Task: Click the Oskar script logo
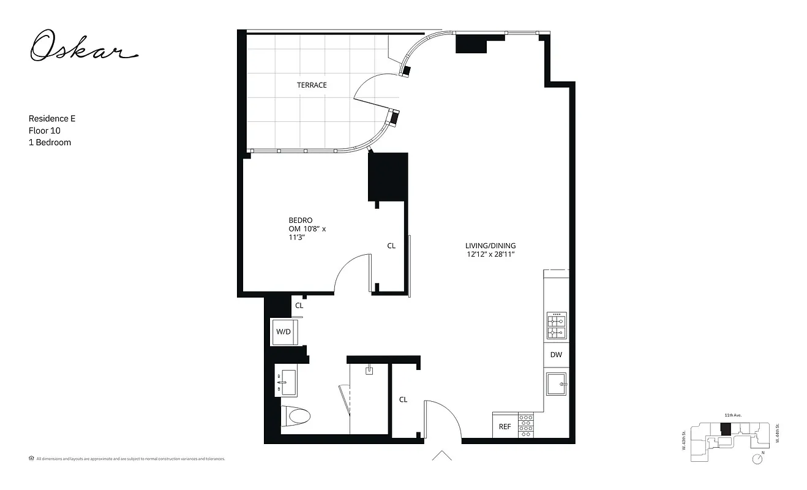pyautogui.click(x=84, y=48)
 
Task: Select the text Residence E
pyautogui.click(x=52, y=118)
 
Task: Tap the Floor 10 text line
pyautogui.click(x=44, y=130)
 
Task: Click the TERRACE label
pyautogui.click(x=312, y=85)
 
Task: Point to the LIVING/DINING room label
pyautogui.click(x=490, y=246)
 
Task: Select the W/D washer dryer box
pyautogui.click(x=283, y=332)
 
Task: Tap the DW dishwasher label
pyautogui.click(x=555, y=355)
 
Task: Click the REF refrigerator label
pyautogui.click(x=505, y=426)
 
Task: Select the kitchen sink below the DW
pyautogui.click(x=557, y=384)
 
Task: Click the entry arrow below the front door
pyautogui.click(x=441, y=455)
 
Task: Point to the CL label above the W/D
pyautogui.click(x=299, y=305)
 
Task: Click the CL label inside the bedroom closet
pyautogui.click(x=391, y=246)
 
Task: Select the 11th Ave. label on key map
pyautogui.click(x=733, y=415)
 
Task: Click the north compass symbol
pyautogui.click(x=759, y=458)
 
